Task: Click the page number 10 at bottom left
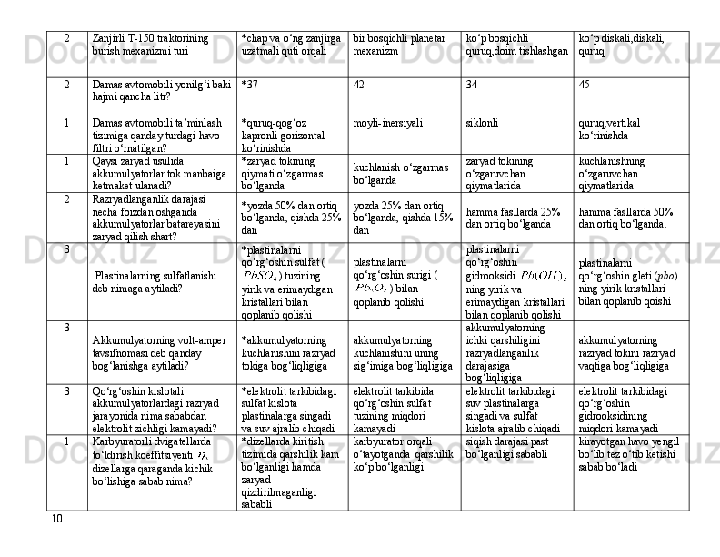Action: [57, 519]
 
